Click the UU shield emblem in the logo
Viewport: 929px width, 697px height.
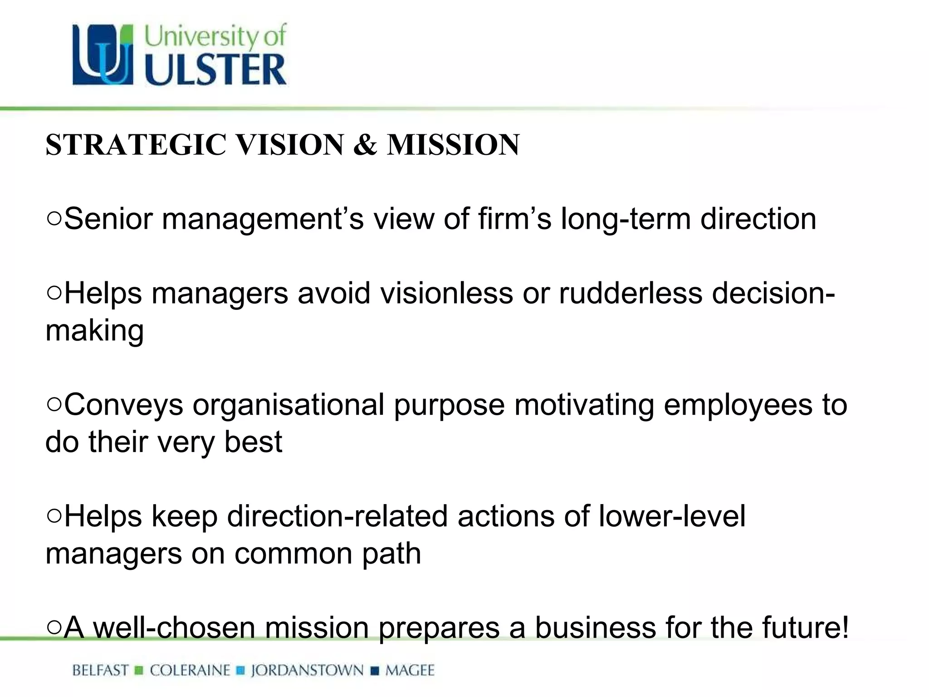(103, 54)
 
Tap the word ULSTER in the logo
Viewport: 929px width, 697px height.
(215, 70)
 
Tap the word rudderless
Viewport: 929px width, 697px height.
(631, 293)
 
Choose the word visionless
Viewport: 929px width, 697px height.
(446, 293)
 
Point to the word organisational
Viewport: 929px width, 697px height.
(288, 404)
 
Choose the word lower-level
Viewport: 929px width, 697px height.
(672, 516)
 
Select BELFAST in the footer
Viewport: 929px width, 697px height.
(100, 670)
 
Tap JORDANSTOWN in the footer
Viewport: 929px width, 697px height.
(308, 670)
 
